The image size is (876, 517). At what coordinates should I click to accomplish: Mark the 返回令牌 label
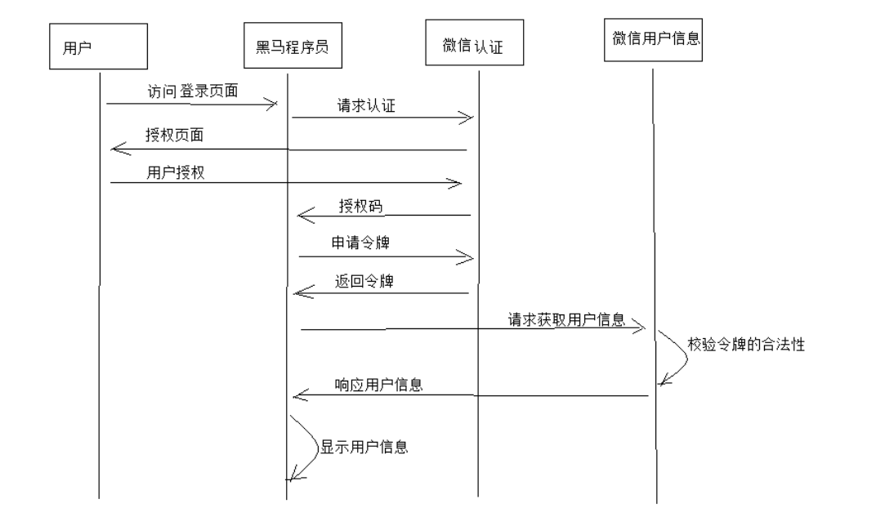(360, 279)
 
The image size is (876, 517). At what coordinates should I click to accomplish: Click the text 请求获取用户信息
(565, 319)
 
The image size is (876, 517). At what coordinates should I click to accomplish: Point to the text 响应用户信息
(378, 384)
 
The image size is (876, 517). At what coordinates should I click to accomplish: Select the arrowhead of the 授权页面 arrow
(117, 148)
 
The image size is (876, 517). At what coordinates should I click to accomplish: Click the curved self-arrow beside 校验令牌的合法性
(677, 355)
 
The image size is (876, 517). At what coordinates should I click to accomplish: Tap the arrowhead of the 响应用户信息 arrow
(299, 396)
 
